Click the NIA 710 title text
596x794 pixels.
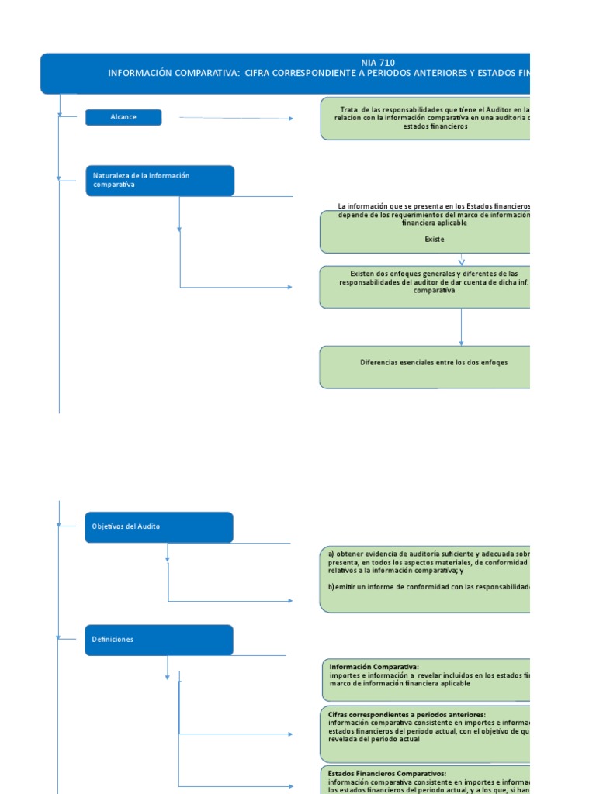(378, 62)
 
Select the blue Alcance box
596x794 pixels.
(123, 117)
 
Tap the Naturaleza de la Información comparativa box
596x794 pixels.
(159, 181)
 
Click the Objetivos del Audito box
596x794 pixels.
(158, 526)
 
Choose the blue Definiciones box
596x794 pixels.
(158, 640)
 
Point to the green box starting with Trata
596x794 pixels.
(425, 118)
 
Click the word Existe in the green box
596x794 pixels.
(435, 240)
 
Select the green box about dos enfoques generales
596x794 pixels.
(425, 286)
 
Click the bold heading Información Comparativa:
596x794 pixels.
(373, 667)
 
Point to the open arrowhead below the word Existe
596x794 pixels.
(462, 261)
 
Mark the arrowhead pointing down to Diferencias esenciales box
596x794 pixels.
(462, 342)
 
